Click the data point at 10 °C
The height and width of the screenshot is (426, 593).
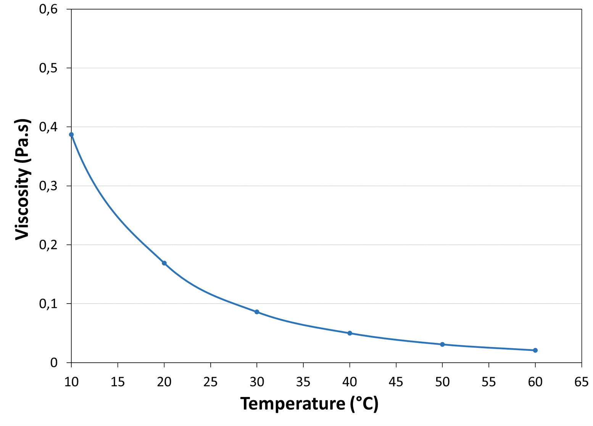point(71,135)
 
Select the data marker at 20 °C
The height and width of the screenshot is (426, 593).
point(164,263)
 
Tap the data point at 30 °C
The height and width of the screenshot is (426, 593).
point(257,312)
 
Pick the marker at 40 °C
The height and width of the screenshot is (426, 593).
point(350,333)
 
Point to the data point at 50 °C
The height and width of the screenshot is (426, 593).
point(442,344)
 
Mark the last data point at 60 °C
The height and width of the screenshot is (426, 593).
point(535,350)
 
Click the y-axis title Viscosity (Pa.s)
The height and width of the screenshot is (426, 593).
point(23,180)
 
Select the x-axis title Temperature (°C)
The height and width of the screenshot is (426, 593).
point(309,404)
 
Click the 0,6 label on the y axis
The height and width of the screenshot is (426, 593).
point(48,9)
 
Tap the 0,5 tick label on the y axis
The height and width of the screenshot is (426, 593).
point(48,68)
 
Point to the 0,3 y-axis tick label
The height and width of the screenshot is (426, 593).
point(48,186)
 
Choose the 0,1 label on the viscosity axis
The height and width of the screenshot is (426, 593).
point(48,304)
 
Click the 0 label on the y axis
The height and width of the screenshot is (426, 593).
point(54,363)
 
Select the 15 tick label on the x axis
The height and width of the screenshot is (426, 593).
point(118,382)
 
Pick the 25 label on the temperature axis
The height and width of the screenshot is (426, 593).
point(210,382)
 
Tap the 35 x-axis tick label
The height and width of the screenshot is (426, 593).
point(303,382)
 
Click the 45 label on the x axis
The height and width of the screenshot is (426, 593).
point(396,382)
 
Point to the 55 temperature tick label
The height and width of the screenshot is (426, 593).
point(488,382)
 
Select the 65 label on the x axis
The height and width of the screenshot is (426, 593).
point(581,382)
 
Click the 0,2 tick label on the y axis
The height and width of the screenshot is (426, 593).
point(48,245)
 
